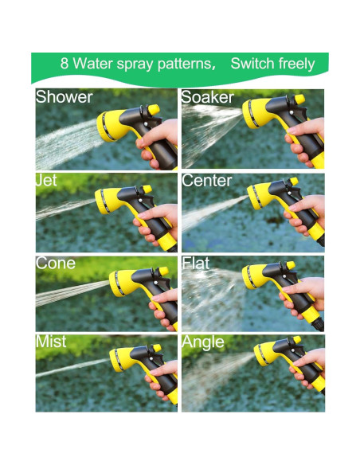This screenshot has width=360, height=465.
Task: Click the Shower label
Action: tap(64, 97)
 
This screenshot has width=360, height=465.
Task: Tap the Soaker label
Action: tap(208, 97)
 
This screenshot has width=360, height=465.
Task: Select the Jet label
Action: tap(46, 180)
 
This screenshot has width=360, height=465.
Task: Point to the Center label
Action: tap(207, 180)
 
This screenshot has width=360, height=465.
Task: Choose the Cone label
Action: tap(56, 263)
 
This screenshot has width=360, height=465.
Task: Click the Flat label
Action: tap(196, 263)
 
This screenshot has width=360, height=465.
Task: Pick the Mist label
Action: tap(51, 342)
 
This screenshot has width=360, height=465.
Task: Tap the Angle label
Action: tap(203, 342)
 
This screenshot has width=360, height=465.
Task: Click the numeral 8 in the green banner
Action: tap(65, 63)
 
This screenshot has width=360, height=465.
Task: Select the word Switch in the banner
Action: tap(252, 63)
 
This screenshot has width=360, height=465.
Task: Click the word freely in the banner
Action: tap(296, 64)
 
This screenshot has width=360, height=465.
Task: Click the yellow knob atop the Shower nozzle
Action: tap(154, 109)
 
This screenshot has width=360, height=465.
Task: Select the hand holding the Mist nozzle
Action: tap(162, 378)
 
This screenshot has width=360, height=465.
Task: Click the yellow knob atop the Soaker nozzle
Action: tap(299, 100)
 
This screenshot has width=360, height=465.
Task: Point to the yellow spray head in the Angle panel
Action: tap(264, 354)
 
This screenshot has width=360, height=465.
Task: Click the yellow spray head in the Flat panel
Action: tap(254, 276)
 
